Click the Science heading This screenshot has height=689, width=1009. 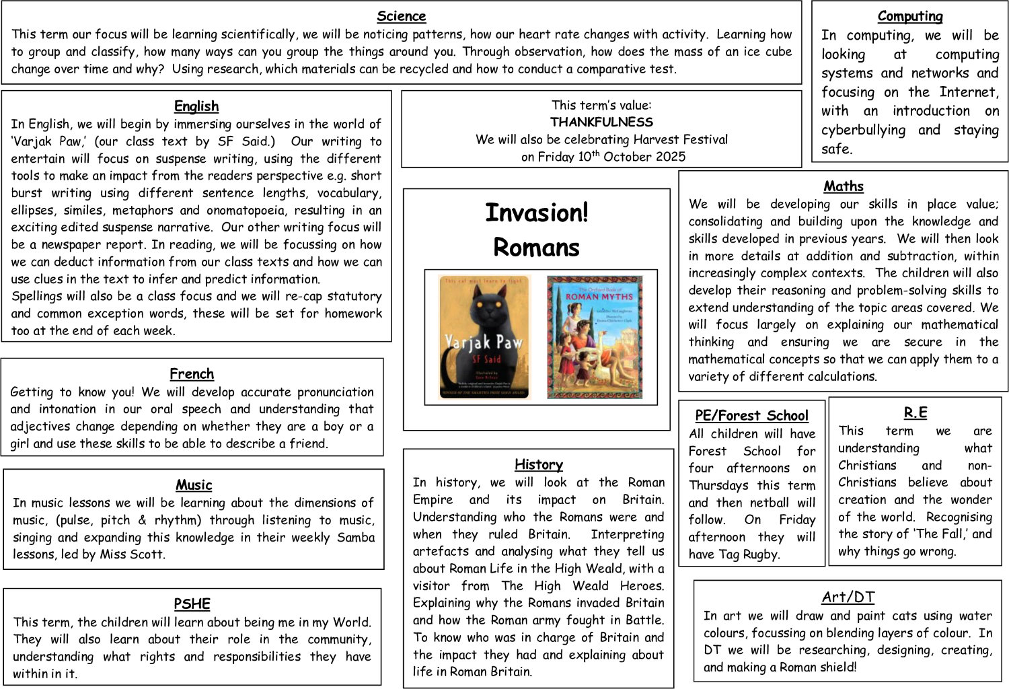pos(401,16)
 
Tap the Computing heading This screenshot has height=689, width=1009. pos(909,16)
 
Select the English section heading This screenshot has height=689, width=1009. pos(196,106)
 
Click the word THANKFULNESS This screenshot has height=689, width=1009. pos(601,122)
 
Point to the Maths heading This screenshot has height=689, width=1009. pos(843,186)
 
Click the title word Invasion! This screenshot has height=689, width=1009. pos(536,213)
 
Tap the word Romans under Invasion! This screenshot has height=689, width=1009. pos(536,248)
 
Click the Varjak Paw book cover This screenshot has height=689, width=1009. pos(484,336)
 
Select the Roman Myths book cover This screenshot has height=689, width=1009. pos(594,336)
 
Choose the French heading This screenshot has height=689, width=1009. pos(192,374)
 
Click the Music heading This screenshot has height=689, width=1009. pos(194,485)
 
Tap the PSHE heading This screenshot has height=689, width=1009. pos(192,604)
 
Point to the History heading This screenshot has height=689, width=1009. pos(538,464)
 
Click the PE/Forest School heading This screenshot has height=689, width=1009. pos(751,416)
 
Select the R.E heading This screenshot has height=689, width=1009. pos(915,413)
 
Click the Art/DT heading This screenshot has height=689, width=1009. pos(848,597)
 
